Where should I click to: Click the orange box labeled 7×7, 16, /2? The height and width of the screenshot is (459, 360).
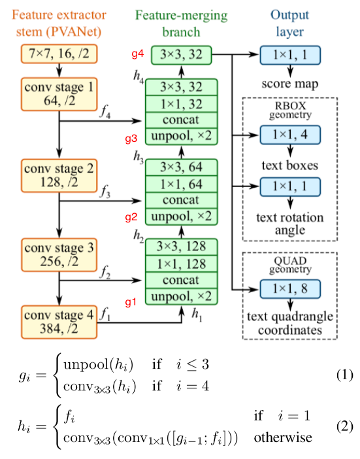click(59, 56)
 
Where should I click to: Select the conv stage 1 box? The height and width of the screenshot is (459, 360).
click(59, 93)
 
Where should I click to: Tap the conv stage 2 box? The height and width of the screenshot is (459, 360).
click(59, 174)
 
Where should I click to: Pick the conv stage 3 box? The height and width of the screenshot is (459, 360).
click(59, 254)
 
